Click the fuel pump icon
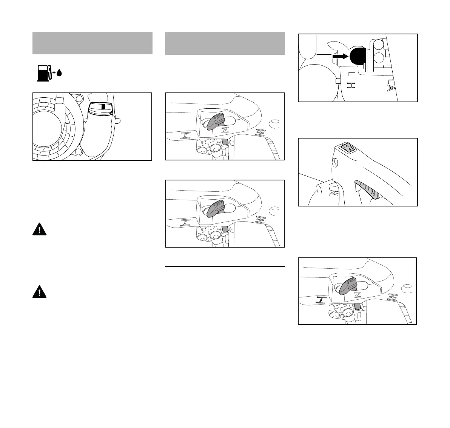[x=43, y=73]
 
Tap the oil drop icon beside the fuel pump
[x=59, y=73]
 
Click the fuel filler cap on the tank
[x=100, y=109]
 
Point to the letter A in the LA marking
[x=391, y=89]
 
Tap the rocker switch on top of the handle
[x=348, y=148]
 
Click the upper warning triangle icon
[x=39, y=229]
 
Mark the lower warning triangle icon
[x=39, y=291]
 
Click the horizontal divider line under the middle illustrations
[x=225, y=266]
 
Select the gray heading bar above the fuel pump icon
[x=92, y=43]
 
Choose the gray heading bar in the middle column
[x=225, y=43]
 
